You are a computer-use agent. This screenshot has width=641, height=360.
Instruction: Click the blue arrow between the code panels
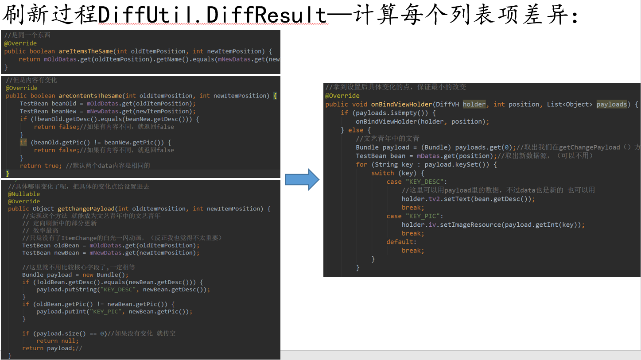(302, 179)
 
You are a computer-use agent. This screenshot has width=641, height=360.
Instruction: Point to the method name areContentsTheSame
(90, 96)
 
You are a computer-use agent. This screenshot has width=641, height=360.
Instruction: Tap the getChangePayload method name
(86, 209)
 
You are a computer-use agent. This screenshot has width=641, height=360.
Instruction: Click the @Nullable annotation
(24, 194)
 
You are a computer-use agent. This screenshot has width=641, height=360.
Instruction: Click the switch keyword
(383, 173)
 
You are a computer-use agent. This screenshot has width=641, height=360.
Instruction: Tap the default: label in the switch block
(401, 242)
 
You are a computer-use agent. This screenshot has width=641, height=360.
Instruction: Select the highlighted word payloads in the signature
(612, 104)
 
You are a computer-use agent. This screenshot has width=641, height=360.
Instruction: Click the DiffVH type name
(447, 104)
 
